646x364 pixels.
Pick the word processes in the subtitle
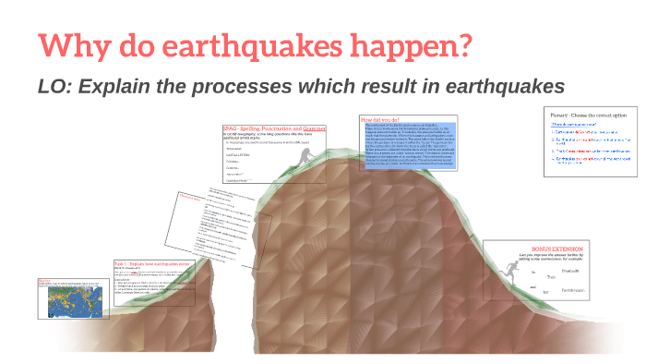pyautogui.click(x=245, y=86)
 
